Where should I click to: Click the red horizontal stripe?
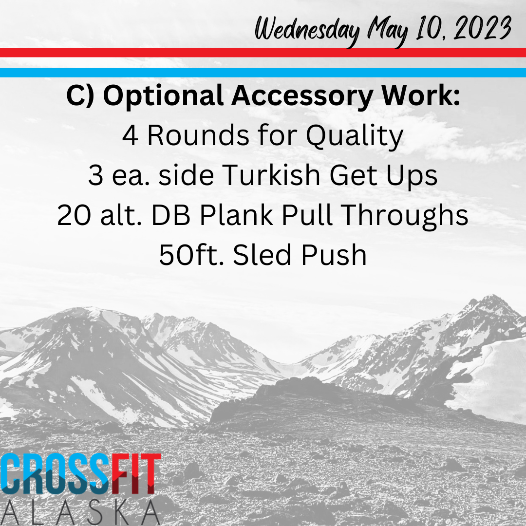263,53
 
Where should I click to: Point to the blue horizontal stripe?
263,73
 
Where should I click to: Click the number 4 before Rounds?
130,135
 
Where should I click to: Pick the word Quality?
355,136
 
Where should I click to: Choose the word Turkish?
271,175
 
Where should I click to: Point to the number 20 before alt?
74,215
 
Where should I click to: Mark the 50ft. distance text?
191,255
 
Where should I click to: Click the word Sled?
263,255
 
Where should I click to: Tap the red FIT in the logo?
136,474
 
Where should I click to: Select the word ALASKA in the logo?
80,512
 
